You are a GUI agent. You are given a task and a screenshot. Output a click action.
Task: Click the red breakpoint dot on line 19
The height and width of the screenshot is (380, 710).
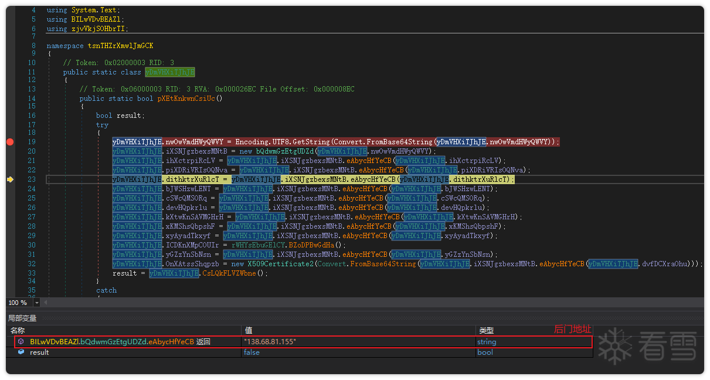pos(10,142)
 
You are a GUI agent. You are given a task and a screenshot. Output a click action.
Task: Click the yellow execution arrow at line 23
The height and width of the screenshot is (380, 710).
pos(10,179)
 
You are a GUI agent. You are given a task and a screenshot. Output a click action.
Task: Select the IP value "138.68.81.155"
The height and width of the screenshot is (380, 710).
pos(270,342)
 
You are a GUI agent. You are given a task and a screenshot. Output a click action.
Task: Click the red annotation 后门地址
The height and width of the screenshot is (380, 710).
pos(572,330)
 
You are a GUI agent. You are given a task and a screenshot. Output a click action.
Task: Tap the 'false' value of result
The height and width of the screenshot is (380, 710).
pos(252,352)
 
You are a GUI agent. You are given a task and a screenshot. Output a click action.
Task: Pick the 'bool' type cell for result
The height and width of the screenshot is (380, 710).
pos(485,352)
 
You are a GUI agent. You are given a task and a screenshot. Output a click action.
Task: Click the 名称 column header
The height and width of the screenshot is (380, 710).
pos(18,331)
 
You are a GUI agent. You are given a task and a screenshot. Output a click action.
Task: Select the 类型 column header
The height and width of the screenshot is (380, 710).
pos(486,331)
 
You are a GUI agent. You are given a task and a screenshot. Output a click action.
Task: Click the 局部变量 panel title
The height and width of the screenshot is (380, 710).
pos(22,318)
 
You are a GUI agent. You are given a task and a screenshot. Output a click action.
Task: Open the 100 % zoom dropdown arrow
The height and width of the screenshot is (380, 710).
pos(37,303)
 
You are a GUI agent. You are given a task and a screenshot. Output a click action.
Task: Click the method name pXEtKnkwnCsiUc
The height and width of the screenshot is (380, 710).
pos(186,99)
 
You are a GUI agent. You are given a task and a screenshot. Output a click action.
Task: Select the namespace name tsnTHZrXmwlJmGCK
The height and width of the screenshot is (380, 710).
pos(120,46)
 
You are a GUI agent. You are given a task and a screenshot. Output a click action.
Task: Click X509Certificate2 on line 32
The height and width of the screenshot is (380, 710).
pos(280,264)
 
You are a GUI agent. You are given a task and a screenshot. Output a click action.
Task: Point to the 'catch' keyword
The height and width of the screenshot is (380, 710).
pos(107,290)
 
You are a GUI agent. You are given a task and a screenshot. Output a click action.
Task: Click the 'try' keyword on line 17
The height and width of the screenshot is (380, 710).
pos(103,125)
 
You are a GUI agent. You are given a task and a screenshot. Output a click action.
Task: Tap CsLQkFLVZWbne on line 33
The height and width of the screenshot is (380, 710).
pos(229,273)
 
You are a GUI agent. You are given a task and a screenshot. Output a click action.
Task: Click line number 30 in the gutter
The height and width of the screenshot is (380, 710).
pos(32,245)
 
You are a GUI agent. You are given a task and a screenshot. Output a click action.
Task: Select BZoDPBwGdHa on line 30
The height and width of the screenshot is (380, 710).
pos(311,245)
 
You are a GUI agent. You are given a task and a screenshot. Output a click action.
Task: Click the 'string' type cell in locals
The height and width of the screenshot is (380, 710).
pos(487,342)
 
